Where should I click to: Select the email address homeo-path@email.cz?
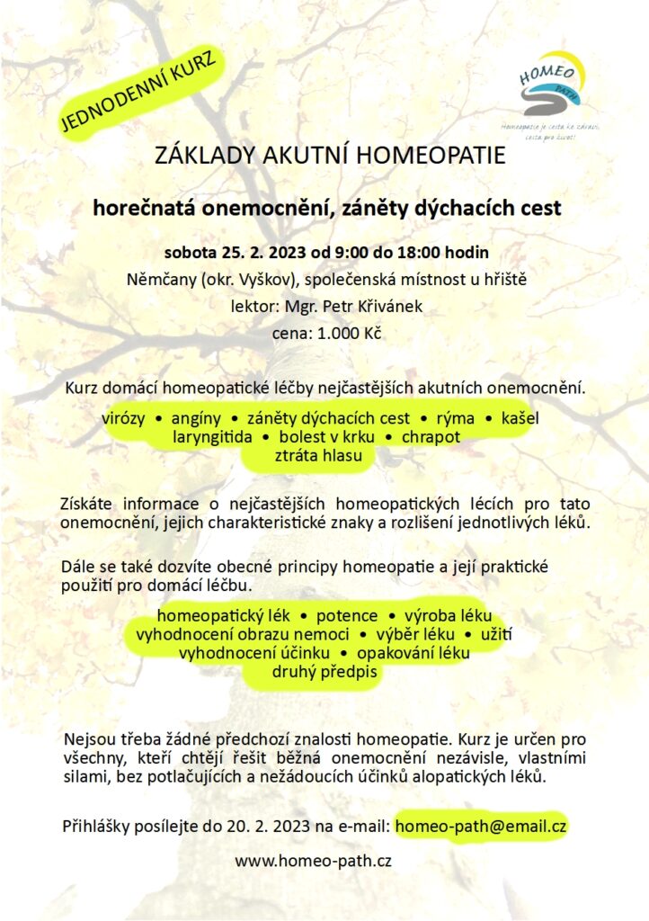point(480,824)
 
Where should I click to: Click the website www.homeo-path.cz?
point(313,861)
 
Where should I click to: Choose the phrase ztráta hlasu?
point(311,456)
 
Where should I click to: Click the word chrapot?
point(431,437)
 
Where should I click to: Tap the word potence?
point(347,616)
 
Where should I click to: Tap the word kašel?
point(515,418)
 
